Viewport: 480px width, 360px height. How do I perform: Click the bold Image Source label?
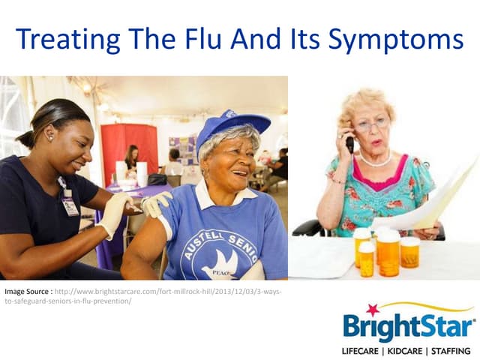28,291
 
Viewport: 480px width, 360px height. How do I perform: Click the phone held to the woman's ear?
349,142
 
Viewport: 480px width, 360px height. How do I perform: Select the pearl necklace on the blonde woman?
375,160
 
